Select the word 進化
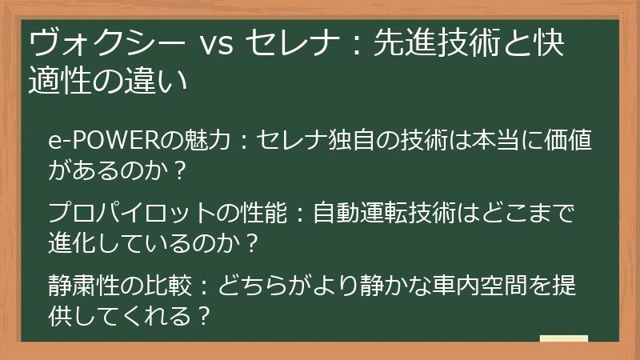click(73, 242)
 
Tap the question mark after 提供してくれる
click(203, 315)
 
